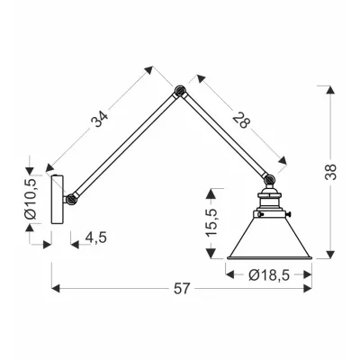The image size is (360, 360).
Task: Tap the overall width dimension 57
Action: pyautogui.click(x=181, y=289)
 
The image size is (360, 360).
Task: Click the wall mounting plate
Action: pyautogui.click(x=57, y=199)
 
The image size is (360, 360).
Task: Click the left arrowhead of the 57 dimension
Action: pyautogui.click(x=56, y=289)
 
